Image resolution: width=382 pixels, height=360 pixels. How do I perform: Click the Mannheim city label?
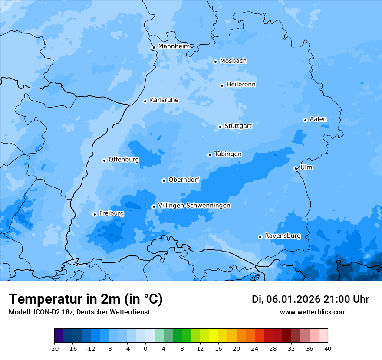point(174,46)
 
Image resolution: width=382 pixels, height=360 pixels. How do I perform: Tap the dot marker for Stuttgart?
point(220,127)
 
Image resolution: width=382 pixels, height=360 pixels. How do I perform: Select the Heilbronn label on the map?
point(241,85)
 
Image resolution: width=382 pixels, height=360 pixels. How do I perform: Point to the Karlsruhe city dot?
point(145,101)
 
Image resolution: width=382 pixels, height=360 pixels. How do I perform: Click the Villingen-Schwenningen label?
point(194,206)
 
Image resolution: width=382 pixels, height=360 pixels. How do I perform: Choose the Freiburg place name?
point(111,213)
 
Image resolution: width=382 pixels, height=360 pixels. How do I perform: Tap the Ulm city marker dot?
point(296,168)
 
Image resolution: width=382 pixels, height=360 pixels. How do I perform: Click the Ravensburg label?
point(282,236)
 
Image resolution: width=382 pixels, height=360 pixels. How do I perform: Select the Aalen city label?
point(318,119)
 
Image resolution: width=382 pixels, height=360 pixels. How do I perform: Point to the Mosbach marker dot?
point(215,62)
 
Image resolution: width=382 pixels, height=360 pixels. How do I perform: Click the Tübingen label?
point(228,154)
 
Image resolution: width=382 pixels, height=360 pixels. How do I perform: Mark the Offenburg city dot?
point(104,160)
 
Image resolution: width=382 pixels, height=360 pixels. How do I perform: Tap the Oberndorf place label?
point(184,180)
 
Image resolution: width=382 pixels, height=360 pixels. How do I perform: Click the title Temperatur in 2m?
point(86,299)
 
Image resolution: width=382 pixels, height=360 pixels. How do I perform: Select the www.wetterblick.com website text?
point(313,312)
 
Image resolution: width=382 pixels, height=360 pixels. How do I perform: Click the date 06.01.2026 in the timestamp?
point(293,299)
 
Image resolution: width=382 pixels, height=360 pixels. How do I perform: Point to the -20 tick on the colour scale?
point(54,349)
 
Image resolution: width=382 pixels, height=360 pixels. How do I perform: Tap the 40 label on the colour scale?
point(328,349)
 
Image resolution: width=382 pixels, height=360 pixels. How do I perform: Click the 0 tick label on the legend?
point(145,349)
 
